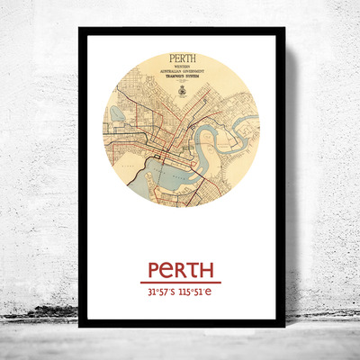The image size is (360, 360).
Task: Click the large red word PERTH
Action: tap(179, 269)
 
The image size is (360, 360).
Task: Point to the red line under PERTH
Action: tap(180, 283)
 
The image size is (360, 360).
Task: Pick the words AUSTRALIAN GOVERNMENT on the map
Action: tap(181, 76)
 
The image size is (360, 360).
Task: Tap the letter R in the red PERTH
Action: tap(179, 269)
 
